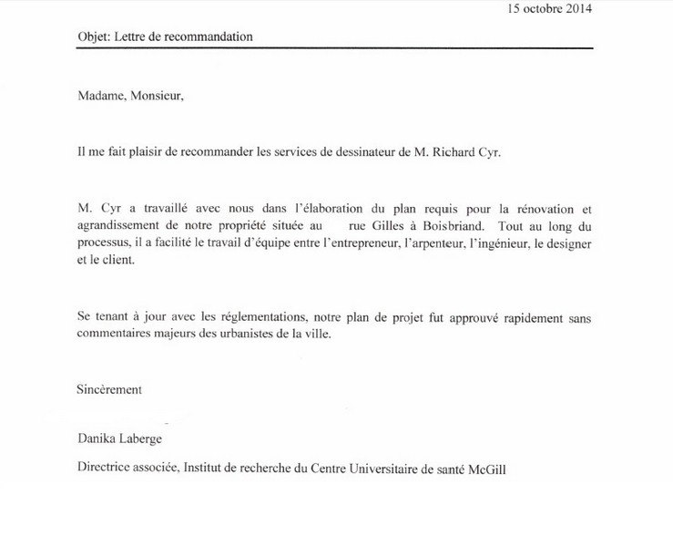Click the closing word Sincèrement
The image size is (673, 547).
pos(109,389)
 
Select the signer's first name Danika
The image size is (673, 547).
pos(97,440)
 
